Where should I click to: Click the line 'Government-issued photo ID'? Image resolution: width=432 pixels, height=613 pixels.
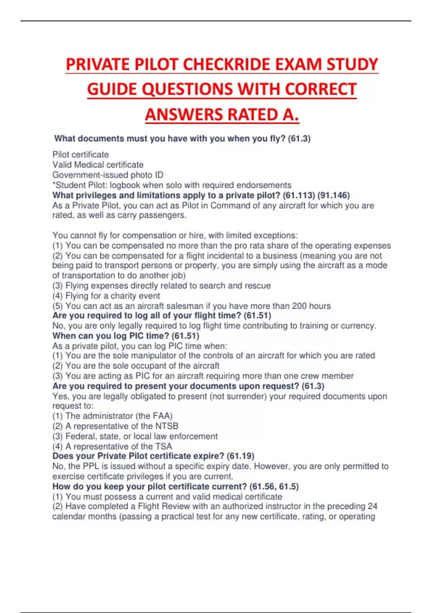[x=108, y=175]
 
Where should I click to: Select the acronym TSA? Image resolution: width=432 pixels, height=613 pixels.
[x=163, y=446]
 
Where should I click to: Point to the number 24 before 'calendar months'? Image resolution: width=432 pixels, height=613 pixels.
[x=372, y=506]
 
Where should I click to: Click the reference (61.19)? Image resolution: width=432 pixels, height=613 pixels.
[x=240, y=456]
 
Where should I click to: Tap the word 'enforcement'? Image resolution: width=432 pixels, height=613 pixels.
[x=194, y=436]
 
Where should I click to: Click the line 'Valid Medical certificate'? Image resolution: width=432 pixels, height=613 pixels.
[x=98, y=165]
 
